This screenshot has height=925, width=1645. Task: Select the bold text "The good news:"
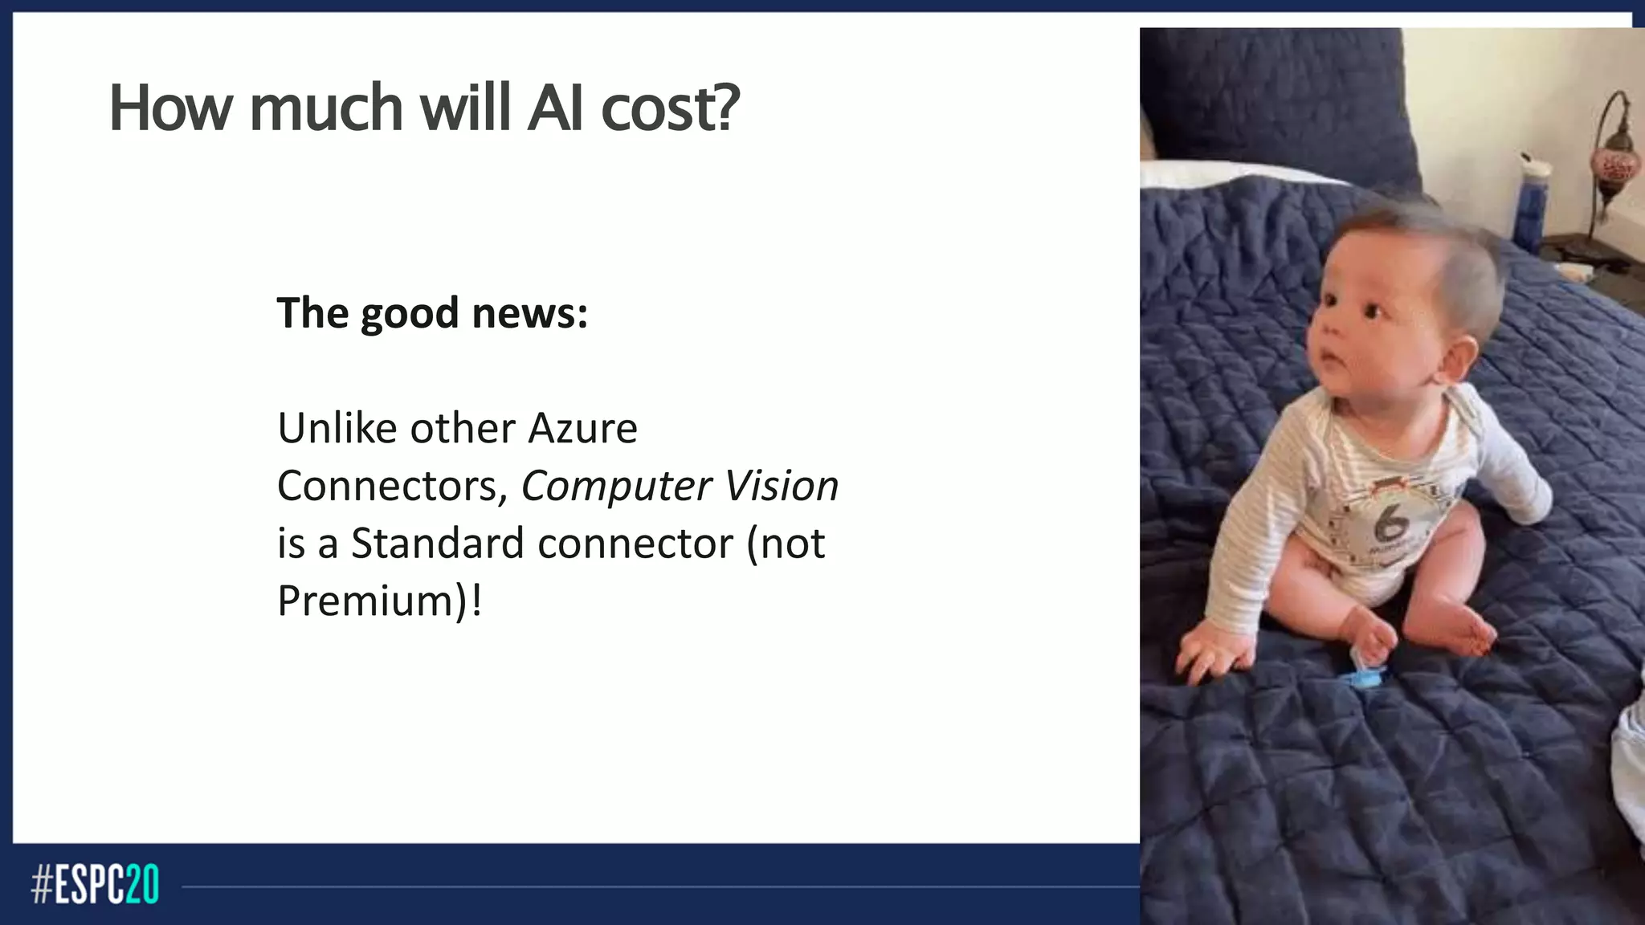(x=432, y=312)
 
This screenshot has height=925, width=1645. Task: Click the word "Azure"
(x=582, y=428)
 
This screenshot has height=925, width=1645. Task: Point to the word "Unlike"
(x=337, y=428)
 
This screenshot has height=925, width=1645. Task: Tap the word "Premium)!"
(x=380, y=601)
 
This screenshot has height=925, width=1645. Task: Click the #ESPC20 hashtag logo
(x=95, y=885)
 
